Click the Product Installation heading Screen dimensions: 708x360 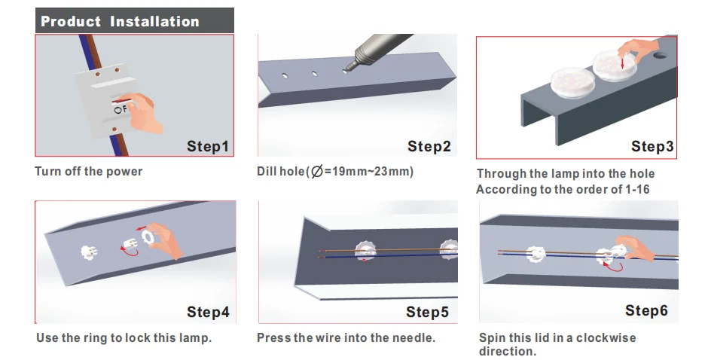pyautogui.click(x=120, y=21)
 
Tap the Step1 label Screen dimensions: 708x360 pyautogui.click(x=208, y=146)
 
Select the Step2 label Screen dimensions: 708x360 pyautogui.click(x=429, y=146)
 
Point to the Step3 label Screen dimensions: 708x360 pyautogui.click(x=652, y=146)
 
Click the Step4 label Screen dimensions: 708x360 pyautogui.click(x=208, y=312)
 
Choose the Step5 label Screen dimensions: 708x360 pyautogui.click(x=427, y=312)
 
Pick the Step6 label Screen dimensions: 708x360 pyautogui.click(x=646, y=310)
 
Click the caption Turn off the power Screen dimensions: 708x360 pyautogui.click(x=89, y=172)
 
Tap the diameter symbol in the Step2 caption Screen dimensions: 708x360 pyautogui.click(x=317, y=172)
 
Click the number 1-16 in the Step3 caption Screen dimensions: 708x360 pyautogui.click(x=637, y=189)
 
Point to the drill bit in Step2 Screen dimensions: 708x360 pyautogui.click(x=349, y=69)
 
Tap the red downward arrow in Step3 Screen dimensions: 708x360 pyautogui.click(x=622, y=63)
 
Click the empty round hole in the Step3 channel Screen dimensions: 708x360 pyautogui.click(x=660, y=56)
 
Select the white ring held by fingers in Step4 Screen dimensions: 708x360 pyautogui.click(x=147, y=236)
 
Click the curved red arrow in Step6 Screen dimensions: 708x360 pyautogui.click(x=614, y=267)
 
